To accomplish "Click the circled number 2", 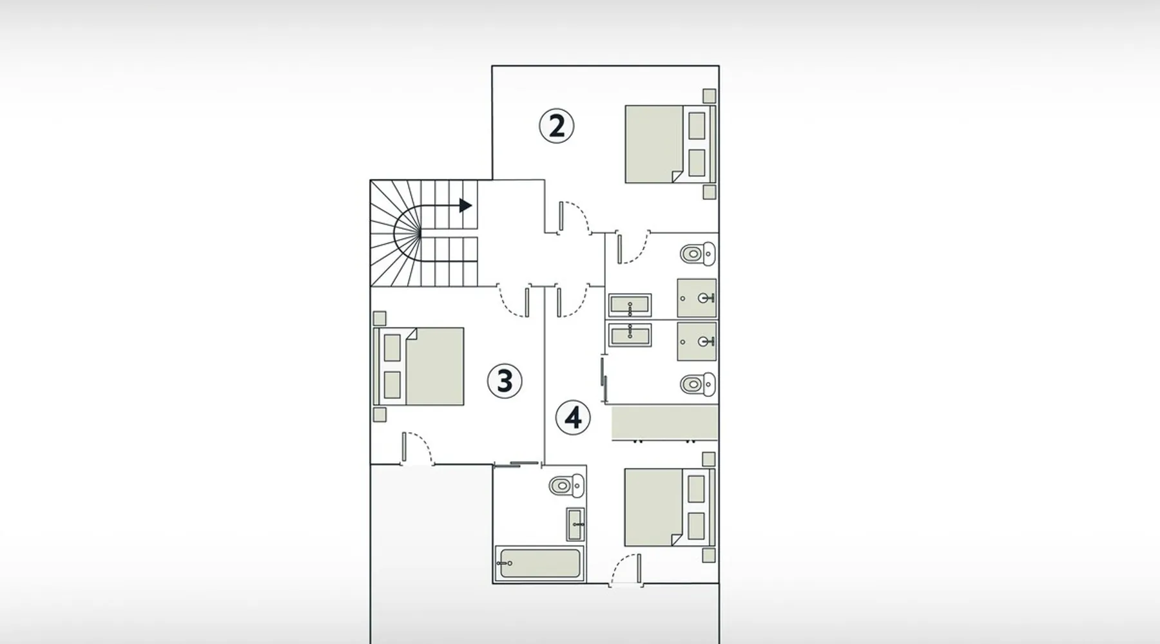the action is (x=556, y=126).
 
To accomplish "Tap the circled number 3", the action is (x=505, y=381).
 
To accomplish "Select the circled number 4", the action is (x=573, y=418).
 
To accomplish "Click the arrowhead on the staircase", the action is (x=465, y=205).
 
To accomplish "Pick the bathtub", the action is (x=539, y=563).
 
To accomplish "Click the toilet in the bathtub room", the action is (x=567, y=486).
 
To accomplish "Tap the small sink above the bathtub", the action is (x=575, y=525).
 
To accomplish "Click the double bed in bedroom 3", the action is (x=418, y=366).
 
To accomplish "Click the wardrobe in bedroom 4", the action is (x=664, y=423).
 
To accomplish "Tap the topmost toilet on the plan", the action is (x=698, y=254).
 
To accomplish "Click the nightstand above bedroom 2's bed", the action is (x=709, y=96).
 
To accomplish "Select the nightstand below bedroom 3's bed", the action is (x=380, y=415).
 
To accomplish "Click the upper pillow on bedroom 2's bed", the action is (x=697, y=126).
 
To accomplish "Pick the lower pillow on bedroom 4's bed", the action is (x=696, y=526).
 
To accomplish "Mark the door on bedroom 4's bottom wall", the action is (x=626, y=570).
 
